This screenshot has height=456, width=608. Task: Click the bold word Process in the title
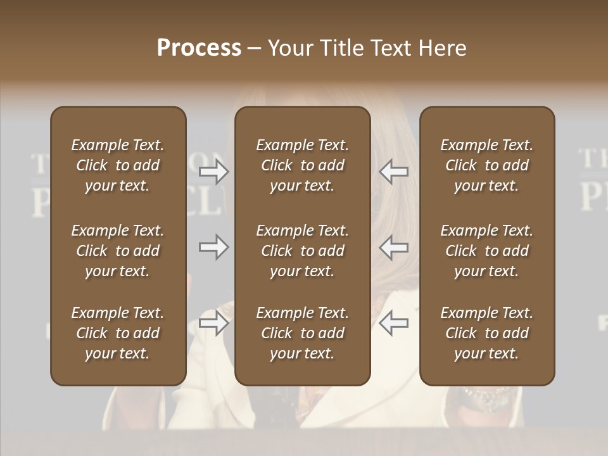pos(199,48)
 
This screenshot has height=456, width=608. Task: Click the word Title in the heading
pos(342,48)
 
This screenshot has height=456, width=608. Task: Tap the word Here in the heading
pos(441,48)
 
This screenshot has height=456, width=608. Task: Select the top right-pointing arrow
pos(214,172)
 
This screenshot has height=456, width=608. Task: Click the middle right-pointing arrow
pos(214,247)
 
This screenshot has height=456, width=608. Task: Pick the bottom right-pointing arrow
pos(214,323)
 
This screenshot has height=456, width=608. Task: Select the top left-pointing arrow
pos(393,172)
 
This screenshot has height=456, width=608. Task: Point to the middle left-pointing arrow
pos(393,247)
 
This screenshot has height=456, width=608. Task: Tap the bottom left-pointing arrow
pos(393,323)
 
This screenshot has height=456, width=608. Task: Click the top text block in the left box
pos(118,165)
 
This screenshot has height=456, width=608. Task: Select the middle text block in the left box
pos(118,251)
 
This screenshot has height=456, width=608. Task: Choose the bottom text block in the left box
pos(118,333)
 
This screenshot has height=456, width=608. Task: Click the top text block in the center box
pos(302,165)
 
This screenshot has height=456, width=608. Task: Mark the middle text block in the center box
pos(302,251)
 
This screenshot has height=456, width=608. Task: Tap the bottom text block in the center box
pos(302,333)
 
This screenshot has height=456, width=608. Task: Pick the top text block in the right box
pos(487,165)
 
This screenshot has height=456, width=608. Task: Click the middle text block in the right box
pos(487,251)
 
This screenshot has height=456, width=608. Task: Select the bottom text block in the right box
pos(487,333)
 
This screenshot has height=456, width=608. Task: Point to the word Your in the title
pos(291,48)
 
